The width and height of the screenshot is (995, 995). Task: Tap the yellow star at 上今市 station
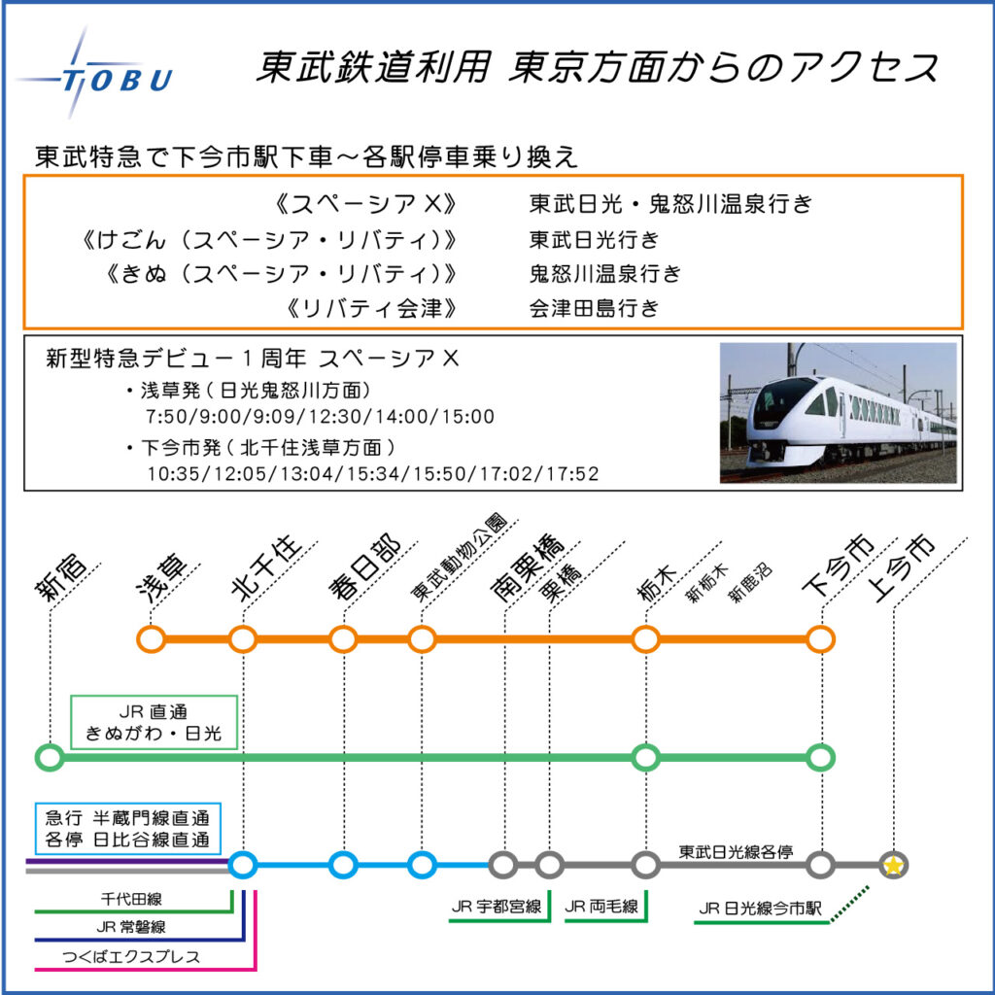(x=893, y=866)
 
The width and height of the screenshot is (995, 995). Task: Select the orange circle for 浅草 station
(x=151, y=639)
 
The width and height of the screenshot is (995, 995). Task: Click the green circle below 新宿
(x=50, y=757)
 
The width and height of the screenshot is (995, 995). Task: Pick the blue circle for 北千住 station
(x=242, y=865)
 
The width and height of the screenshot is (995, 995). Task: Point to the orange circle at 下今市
(x=820, y=639)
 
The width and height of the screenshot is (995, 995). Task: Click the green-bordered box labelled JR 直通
(x=154, y=722)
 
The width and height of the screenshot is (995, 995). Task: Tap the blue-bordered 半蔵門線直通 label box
(x=127, y=828)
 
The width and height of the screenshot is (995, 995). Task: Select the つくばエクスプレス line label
(x=131, y=957)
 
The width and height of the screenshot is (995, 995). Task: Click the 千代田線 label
(x=131, y=899)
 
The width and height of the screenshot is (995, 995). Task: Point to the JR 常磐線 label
(x=131, y=927)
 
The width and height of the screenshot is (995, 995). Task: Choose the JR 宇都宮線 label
(x=497, y=907)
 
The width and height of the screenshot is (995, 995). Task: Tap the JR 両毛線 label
(x=600, y=907)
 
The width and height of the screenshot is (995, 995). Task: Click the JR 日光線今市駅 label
(x=760, y=909)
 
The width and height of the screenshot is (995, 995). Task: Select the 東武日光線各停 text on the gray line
(x=737, y=851)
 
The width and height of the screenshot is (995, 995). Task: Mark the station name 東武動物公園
(x=459, y=558)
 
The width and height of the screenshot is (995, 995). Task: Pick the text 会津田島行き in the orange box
(x=595, y=308)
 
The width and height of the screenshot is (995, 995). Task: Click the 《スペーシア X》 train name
(x=366, y=204)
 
